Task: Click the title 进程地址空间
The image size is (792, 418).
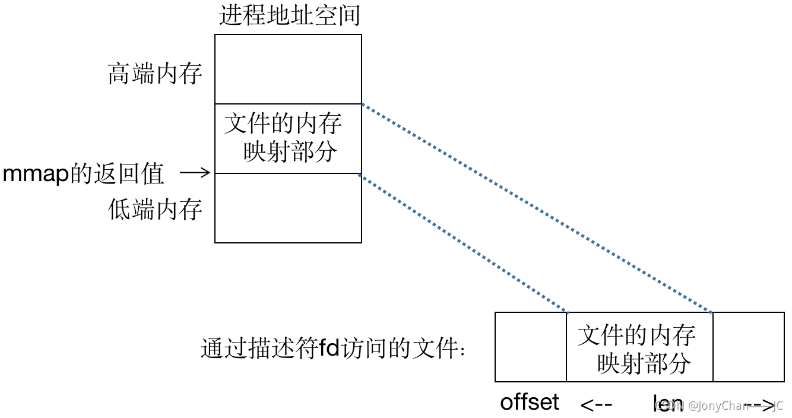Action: tap(290, 15)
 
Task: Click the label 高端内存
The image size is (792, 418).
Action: tap(155, 74)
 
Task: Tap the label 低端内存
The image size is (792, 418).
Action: tap(155, 209)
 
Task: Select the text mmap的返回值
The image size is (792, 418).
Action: tap(83, 174)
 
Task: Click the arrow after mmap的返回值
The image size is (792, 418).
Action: tap(195, 173)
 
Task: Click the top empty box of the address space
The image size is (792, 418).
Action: tap(288, 69)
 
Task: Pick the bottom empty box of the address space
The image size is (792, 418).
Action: tap(288, 208)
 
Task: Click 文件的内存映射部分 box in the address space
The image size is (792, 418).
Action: tap(288, 138)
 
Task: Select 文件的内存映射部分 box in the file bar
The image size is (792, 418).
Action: tap(639, 347)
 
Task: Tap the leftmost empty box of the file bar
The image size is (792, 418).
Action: tap(531, 347)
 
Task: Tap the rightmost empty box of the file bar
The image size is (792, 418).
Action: tap(748, 347)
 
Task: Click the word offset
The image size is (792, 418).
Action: tap(530, 403)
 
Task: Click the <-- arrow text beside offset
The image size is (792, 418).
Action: tap(595, 405)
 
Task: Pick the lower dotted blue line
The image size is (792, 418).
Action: tap(463, 243)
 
